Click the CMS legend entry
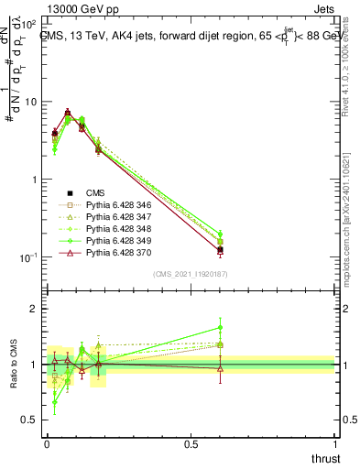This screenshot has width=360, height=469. pyautogui.click(x=95, y=192)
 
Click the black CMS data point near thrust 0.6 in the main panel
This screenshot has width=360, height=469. pyautogui.click(x=220, y=250)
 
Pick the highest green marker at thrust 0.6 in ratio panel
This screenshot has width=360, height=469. pyautogui.click(x=220, y=327)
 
